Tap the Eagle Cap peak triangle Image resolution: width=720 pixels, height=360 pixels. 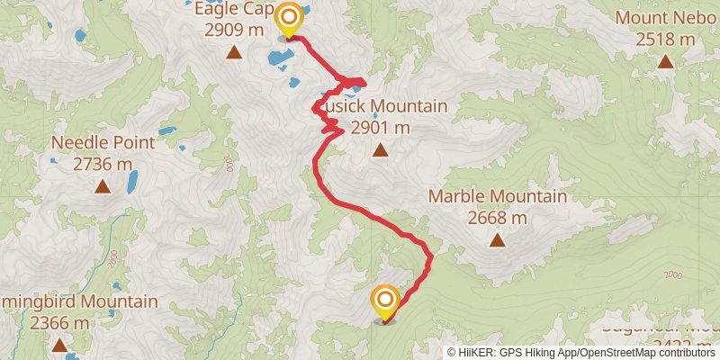(x=234, y=52)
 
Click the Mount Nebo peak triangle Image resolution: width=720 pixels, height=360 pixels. (x=665, y=61)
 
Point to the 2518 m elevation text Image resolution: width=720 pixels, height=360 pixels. (x=665, y=40)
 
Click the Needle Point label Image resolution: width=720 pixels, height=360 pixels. (x=103, y=142)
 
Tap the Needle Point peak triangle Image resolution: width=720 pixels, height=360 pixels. (x=103, y=186)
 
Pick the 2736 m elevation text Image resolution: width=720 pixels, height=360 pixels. (x=103, y=164)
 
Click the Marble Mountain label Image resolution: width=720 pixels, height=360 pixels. (x=498, y=196)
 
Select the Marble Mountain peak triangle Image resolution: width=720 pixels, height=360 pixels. (x=497, y=239)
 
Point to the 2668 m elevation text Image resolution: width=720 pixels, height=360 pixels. (x=498, y=218)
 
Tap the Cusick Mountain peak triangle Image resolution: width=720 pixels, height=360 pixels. (x=381, y=150)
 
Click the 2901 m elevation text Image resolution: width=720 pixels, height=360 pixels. (x=381, y=128)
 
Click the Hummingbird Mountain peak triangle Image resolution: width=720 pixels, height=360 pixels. (x=59, y=345)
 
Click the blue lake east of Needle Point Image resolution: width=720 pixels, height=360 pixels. (x=132, y=183)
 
